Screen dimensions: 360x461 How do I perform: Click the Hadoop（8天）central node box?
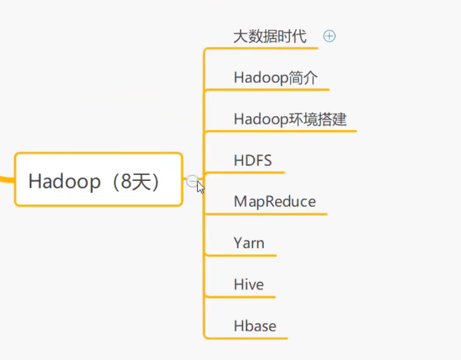coord(99,180)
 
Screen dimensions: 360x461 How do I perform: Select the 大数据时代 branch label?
coord(269,36)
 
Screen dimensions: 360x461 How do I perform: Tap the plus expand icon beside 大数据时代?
coord(329,36)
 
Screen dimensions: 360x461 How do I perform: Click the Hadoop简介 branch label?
coord(275,78)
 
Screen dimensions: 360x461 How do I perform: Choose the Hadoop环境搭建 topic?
coord(290,119)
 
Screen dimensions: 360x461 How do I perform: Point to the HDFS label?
coord(253,160)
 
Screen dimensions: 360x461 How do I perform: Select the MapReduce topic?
coord(274,202)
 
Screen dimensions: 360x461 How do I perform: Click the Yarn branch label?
coord(249,243)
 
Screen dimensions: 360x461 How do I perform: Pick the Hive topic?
coord(249,285)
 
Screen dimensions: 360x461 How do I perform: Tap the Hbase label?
coord(254,326)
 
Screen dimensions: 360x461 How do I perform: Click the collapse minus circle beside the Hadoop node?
coord(192,181)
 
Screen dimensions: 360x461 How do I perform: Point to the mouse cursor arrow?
coord(200,187)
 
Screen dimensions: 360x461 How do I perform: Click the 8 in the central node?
coord(122,181)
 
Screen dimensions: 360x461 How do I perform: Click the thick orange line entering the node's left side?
coord(6,178)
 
